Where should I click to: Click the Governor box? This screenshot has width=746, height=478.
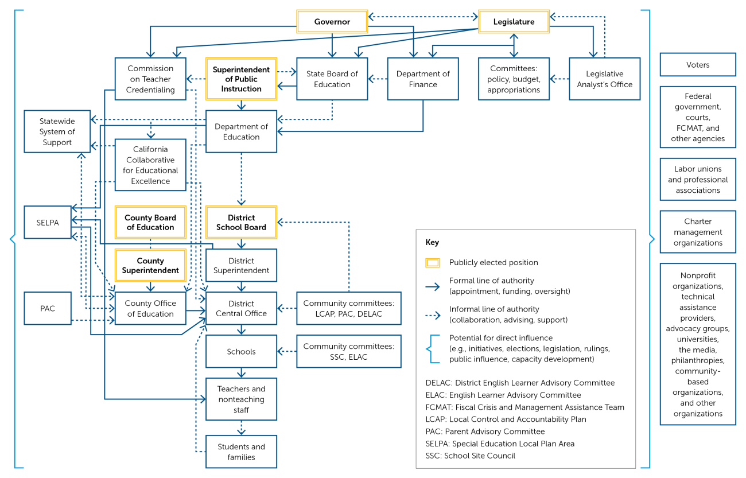click(332, 22)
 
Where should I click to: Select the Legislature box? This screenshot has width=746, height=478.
click(514, 22)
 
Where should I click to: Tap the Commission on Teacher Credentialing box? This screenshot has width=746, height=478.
click(150, 79)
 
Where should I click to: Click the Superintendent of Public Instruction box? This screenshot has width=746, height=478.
click(241, 79)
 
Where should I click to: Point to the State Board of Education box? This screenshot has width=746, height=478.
click(332, 79)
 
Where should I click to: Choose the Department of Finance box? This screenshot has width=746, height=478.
click(423, 79)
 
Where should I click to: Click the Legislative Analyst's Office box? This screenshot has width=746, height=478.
click(604, 79)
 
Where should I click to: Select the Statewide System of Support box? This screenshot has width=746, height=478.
click(57, 131)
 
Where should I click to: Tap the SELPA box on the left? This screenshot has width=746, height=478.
click(48, 223)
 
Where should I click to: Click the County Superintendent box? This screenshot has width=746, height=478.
click(150, 265)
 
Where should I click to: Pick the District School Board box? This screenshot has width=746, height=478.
click(241, 222)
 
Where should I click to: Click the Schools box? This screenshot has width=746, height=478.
click(241, 352)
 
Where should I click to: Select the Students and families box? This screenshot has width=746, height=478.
click(241, 452)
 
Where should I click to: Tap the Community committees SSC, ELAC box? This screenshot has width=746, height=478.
click(348, 352)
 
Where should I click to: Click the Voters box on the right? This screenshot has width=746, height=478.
click(697, 65)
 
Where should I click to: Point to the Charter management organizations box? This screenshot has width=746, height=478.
click(697, 232)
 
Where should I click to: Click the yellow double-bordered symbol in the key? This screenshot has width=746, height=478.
click(433, 263)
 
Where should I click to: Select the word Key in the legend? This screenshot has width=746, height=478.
click(432, 243)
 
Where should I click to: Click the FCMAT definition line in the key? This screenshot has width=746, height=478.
click(524, 407)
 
